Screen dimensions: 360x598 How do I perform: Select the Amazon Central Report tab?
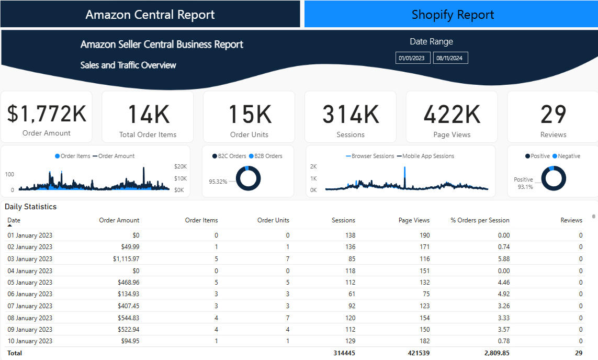tap(150, 15)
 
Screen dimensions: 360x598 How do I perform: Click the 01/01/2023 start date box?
tap(413, 58)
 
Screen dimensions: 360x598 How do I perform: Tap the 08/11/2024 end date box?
tap(450, 58)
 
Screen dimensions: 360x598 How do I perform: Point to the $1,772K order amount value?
tap(47, 114)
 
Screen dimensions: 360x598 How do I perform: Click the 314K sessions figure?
tap(350, 114)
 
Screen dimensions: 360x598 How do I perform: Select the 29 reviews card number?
tap(553, 114)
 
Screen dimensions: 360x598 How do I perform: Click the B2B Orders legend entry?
tap(268, 156)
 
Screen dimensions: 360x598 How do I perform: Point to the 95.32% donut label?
tap(218, 182)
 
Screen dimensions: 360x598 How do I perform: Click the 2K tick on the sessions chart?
tap(313, 166)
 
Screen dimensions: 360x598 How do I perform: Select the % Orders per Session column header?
tap(479, 220)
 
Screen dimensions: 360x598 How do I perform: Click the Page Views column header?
tap(414, 220)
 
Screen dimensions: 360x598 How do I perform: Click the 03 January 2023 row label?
tap(30, 259)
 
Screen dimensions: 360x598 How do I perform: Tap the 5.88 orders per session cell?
tap(503, 259)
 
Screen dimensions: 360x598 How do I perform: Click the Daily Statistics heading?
tap(30, 207)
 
